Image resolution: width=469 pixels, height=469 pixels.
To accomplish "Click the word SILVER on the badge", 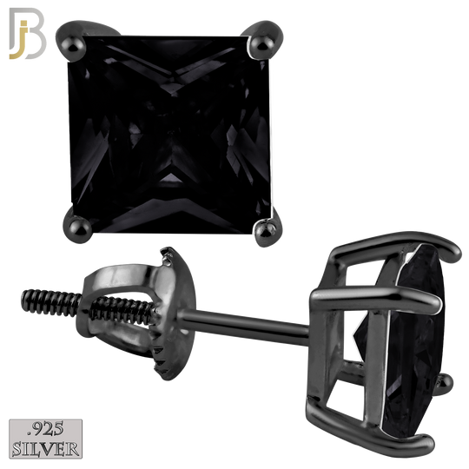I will [46, 449].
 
